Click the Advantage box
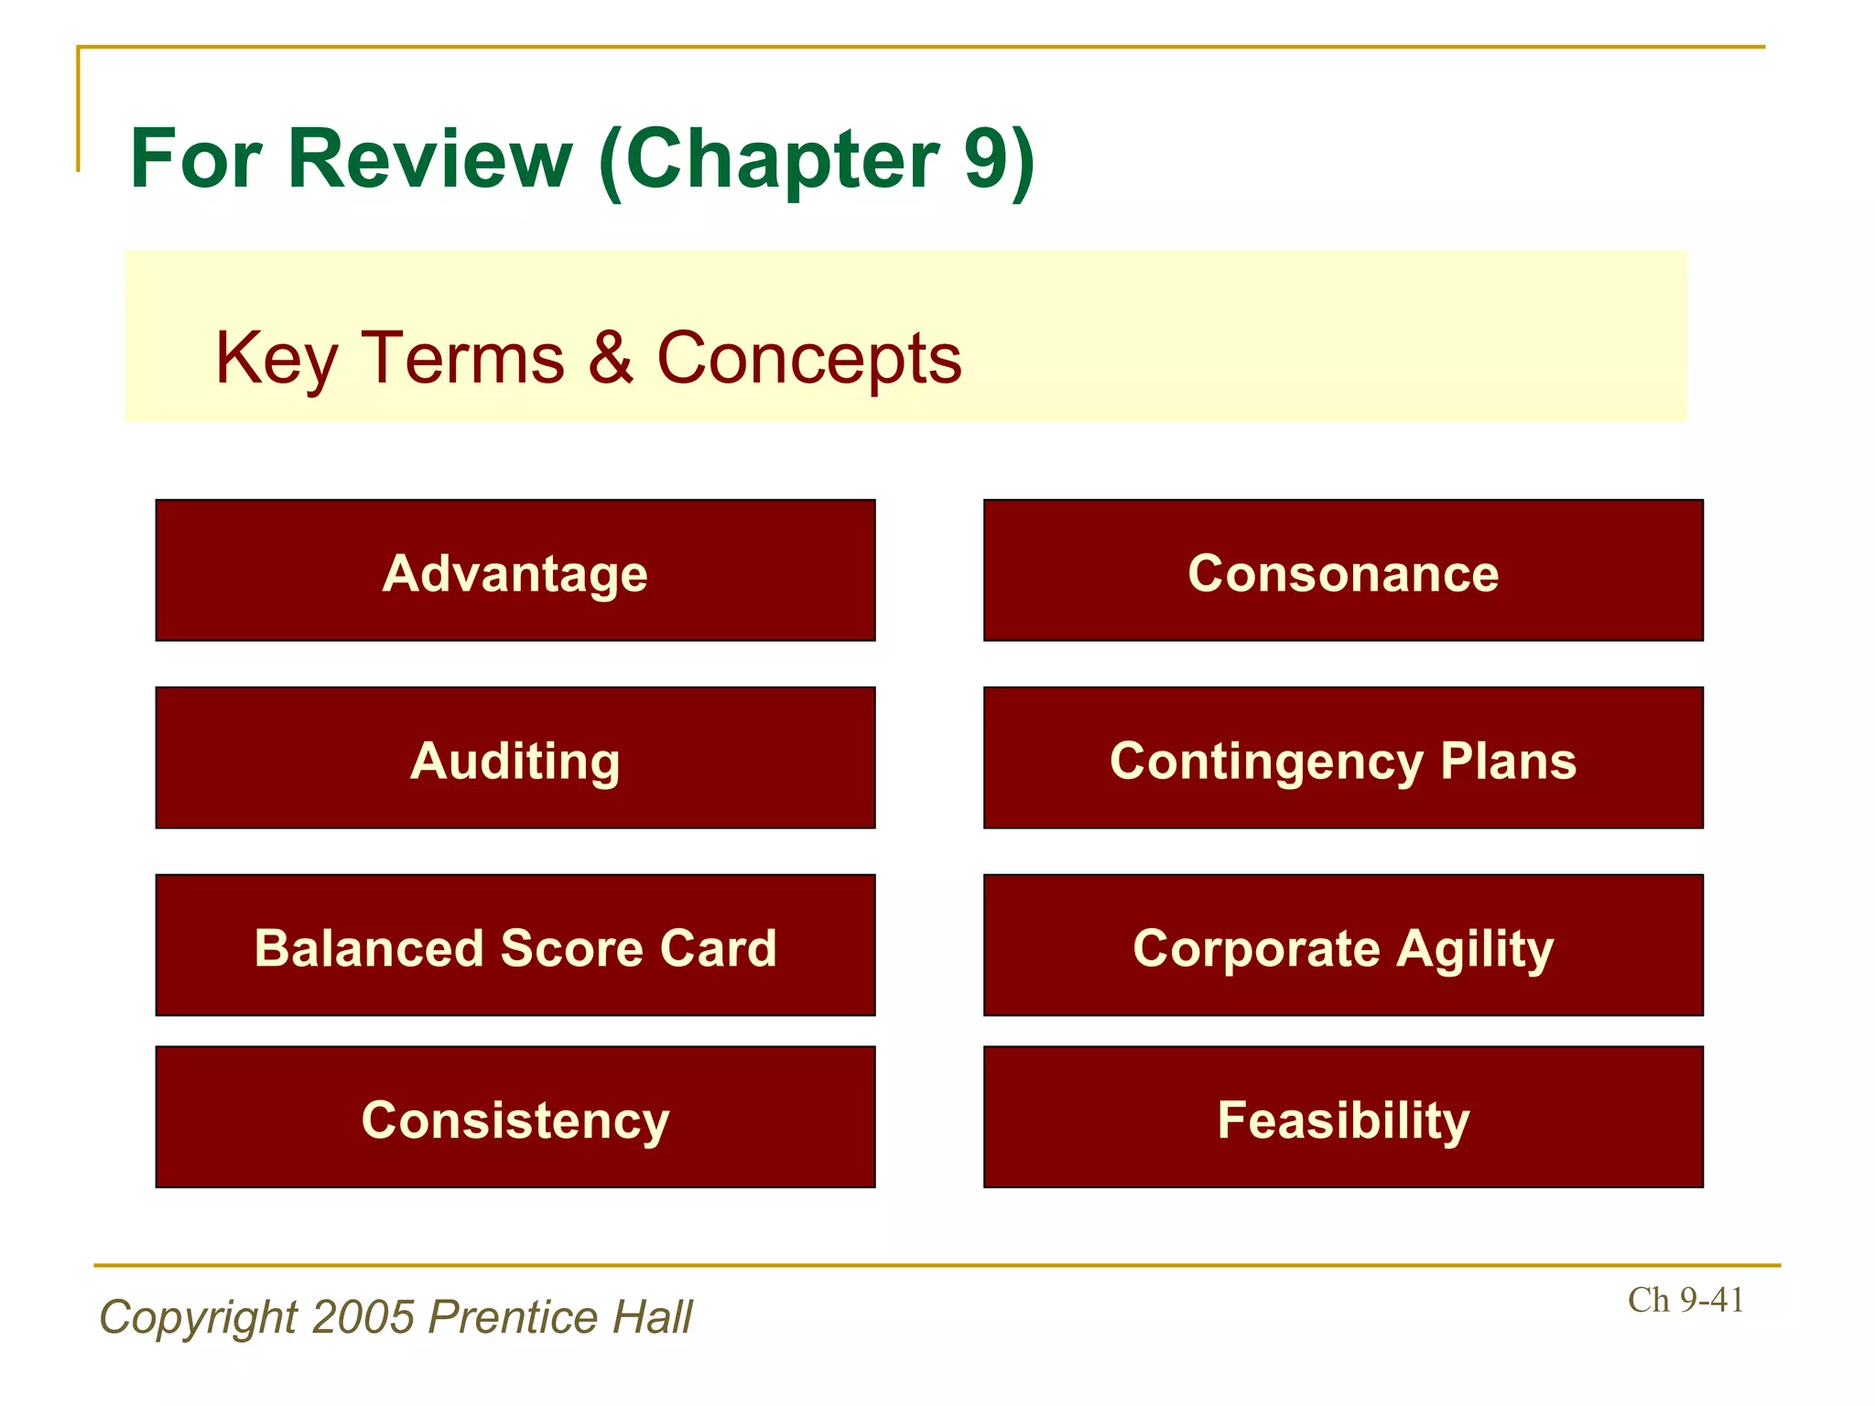515,570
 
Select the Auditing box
515,758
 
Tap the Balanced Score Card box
515,946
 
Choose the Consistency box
515,1117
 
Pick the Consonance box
1343,570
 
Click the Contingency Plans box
1343,758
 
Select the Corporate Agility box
1343,946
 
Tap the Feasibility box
1343,1117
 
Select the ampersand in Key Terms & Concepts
611,357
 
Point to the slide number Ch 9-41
1685,1300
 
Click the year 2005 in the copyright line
363,1317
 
